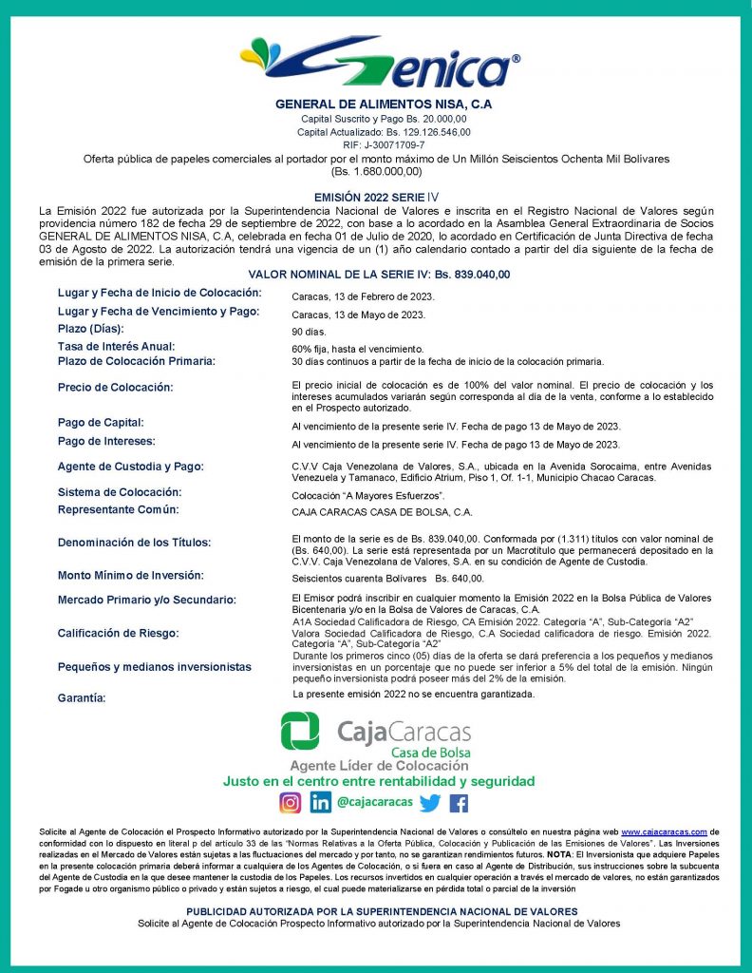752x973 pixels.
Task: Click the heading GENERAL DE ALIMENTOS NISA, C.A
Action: point(384,104)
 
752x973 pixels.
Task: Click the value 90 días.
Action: point(309,333)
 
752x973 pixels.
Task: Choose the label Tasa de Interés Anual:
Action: point(116,347)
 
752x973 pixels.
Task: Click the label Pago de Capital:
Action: point(100,422)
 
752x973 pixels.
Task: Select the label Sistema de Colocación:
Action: point(119,492)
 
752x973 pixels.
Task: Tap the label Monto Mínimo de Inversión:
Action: point(130,575)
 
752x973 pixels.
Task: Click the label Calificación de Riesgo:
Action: point(118,633)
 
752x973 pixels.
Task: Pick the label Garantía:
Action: point(82,698)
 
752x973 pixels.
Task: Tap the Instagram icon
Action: point(290,802)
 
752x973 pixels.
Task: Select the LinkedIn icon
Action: point(320,802)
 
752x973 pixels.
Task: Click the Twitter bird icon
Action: point(429,803)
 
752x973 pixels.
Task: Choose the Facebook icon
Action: point(459,803)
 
